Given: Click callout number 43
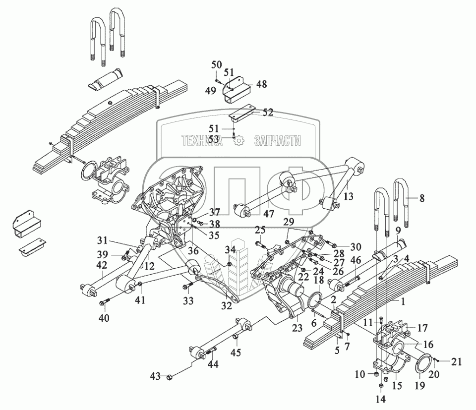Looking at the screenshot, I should [x=156, y=376].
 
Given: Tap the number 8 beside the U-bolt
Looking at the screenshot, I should [x=422, y=198].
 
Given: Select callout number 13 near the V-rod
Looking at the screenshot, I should [x=349, y=196].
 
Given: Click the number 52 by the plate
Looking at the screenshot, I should [x=268, y=113].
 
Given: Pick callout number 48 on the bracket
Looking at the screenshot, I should [x=261, y=85].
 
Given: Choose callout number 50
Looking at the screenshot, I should [x=217, y=64].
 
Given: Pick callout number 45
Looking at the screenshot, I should [x=237, y=352].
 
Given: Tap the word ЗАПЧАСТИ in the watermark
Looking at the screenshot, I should [x=277, y=141].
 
